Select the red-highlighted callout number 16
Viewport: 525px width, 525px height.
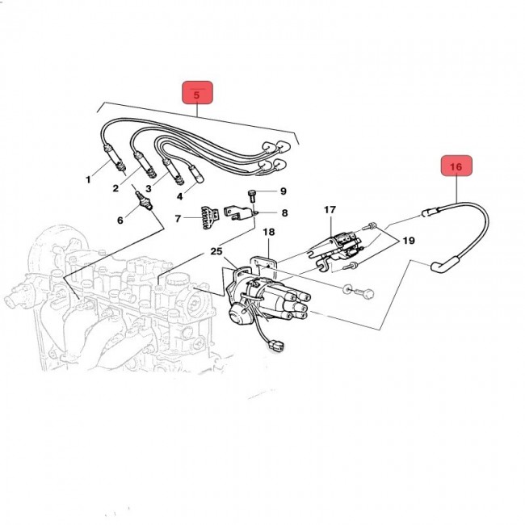tap(456, 166)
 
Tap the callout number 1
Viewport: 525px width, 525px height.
tap(90, 178)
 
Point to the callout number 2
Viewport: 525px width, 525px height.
tap(115, 189)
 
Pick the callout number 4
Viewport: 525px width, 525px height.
tap(180, 195)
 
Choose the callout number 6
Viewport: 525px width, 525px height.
tap(121, 220)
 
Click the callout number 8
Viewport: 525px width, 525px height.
tap(283, 191)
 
